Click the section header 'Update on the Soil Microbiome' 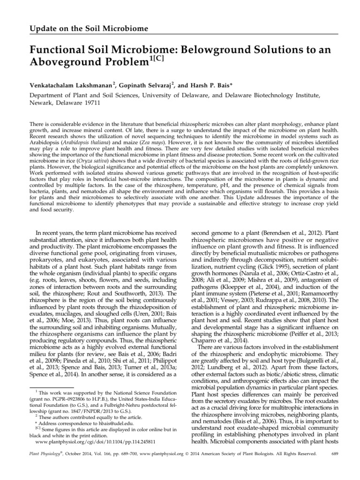tap(89, 29)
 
